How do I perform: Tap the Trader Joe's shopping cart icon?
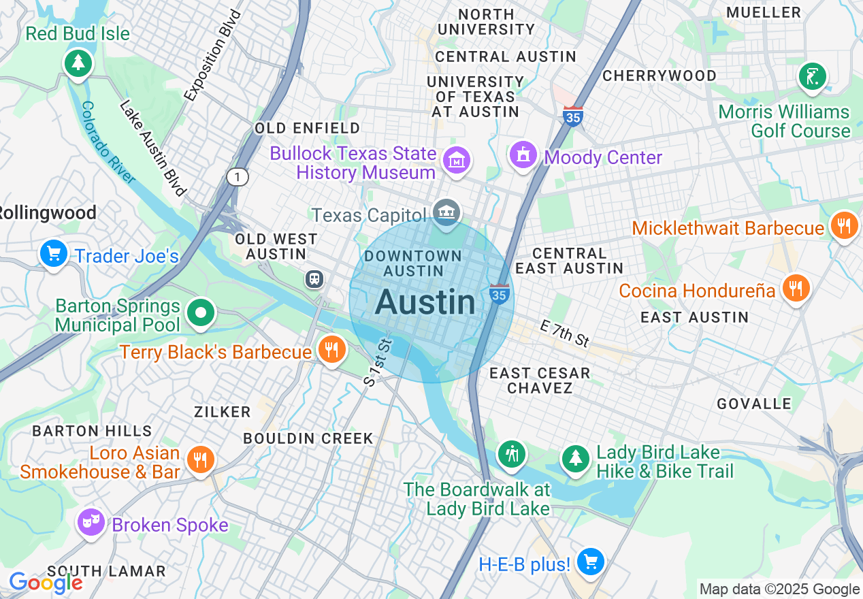tap(54, 254)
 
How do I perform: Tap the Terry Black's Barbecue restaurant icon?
tap(331, 350)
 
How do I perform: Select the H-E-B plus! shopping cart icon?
tap(590, 562)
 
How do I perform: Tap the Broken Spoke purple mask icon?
tap(91, 522)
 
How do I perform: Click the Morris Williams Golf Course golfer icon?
tap(812, 76)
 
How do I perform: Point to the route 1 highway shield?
tap(238, 177)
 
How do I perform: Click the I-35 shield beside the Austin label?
tap(500, 294)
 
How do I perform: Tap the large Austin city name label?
tap(425, 302)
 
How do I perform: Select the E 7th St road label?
tap(564, 334)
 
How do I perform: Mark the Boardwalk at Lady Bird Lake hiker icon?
tap(512, 453)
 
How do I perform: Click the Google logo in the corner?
tap(45, 583)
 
